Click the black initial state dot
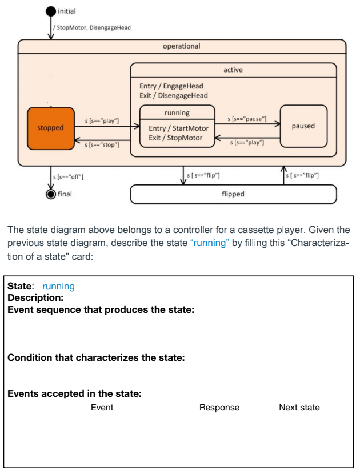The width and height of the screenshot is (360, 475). tap(51, 11)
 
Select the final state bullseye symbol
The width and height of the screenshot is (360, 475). tap(51, 194)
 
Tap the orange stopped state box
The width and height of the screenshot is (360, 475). tap(51, 128)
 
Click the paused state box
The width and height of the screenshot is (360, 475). tap(303, 126)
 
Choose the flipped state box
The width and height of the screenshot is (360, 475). tap(233, 194)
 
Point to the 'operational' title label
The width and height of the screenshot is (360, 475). tap(182, 46)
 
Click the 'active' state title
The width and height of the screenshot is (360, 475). tap(233, 70)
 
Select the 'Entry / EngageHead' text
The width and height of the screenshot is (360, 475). tap(171, 86)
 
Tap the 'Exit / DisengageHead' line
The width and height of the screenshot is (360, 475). tap(174, 95)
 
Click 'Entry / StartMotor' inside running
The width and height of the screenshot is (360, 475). tap(178, 128)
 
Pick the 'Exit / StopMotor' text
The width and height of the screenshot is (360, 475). tap(175, 138)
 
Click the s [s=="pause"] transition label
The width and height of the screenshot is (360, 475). tap(247, 119)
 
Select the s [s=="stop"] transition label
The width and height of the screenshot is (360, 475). tap(102, 145)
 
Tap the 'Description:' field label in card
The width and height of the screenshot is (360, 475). tap(35, 297)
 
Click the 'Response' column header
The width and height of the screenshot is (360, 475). tap(219, 408)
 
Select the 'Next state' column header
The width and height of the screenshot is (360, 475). tap(299, 408)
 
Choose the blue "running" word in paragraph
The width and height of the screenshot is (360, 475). tap(210, 243)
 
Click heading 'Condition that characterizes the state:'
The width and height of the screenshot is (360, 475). tap(96, 358)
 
